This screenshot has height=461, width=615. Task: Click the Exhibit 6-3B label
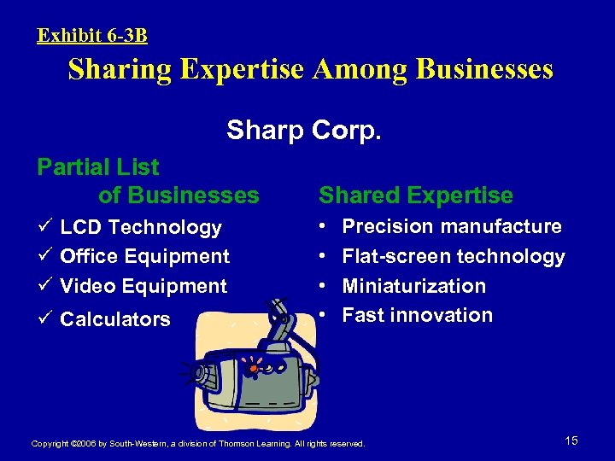pos(92,36)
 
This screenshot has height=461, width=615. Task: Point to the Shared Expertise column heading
pos(416,195)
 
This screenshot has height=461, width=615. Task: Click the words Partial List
pos(98,166)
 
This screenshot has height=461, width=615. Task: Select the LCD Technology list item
pos(141,227)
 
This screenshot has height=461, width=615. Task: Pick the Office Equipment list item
pos(145,256)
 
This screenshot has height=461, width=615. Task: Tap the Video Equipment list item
pos(143,286)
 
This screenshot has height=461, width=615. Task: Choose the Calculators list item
pos(115,319)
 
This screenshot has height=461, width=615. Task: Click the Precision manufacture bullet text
pos(452,226)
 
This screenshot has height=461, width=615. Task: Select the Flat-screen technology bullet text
pos(454,256)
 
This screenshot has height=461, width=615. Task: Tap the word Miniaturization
pos(414,286)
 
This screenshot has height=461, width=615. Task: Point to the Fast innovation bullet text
pos(418,315)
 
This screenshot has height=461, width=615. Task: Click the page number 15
pos(571,441)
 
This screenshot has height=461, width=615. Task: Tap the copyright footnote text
pos(197,444)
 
